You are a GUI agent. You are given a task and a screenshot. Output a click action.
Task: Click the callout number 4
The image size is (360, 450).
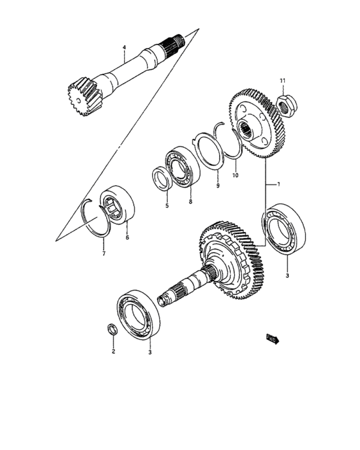pyautogui.click(x=125, y=48)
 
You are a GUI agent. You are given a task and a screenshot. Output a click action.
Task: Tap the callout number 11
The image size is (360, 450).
pyautogui.click(x=282, y=80)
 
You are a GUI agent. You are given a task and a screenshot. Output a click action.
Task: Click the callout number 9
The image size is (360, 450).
pyautogui.click(x=217, y=186)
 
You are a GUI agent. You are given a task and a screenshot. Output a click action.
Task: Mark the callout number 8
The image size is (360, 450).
pyautogui.click(x=190, y=201)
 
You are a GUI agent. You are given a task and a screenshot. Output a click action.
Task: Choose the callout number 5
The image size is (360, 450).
pyautogui.click(x=165, y=206)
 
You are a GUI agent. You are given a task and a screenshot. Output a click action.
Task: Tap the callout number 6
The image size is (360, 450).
pyautogui.click(x=127, y=237)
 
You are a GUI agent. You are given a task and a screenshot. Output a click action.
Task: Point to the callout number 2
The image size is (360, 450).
pyautogui.click(x=113, y=351)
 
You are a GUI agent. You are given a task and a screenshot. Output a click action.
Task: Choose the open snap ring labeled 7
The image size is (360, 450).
pyautogui.click(x=96, y=219)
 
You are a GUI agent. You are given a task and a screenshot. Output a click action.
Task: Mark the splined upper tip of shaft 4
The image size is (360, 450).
pyautogui.click(x=176, y=41)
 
